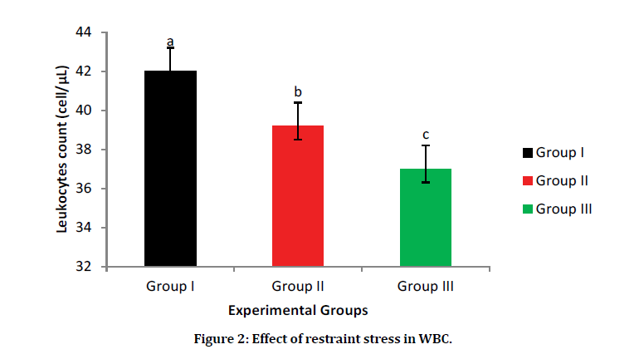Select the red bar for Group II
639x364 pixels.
click(298, 196)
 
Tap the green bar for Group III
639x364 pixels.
click(426, 218)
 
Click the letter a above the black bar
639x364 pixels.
click(170, 42)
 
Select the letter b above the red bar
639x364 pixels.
click(298, 91)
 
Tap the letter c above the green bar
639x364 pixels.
click(426, 135)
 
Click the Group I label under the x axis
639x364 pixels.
click(170, 287)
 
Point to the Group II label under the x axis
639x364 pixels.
click(298, 287)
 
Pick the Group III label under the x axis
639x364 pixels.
click(426, 287)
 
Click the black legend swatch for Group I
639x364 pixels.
click(527, 153)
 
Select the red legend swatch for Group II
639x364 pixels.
click(527, 180)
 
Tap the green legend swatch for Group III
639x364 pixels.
click(527, 209)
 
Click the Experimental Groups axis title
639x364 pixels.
click(298, 309)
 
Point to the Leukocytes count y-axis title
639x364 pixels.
click(62, 150)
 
